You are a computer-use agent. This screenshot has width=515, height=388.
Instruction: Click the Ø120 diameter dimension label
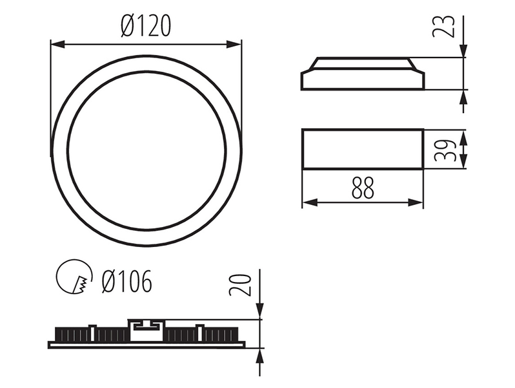[146, 26]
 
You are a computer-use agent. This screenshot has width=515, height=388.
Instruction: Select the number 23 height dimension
[444, 27]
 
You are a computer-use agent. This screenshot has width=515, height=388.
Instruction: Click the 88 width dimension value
[363, 188]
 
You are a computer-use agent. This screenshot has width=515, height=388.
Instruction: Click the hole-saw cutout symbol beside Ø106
[74, 276]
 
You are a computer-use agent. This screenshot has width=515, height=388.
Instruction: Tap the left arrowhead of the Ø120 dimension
[58, 44]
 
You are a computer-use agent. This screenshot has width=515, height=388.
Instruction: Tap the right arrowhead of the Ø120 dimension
[234, 44]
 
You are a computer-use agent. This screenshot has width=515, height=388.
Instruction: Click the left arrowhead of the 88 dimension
[310, 202]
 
